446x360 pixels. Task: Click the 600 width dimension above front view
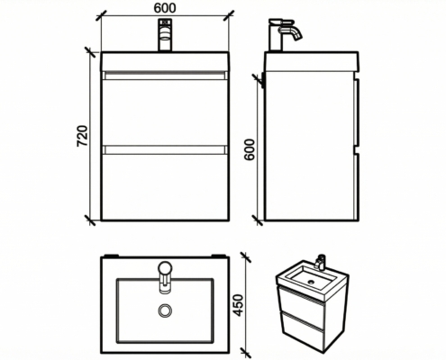click(x=165, y=8)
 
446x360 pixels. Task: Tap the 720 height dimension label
click(x=82, y=136)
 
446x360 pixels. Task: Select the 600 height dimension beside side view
click(x=250, y=149)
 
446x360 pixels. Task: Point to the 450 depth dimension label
click(x=238, y=305)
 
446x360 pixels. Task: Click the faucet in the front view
click(x=165, y=35)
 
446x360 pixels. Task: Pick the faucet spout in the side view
click(x=291, y=32)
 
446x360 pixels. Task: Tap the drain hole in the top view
click(x=165, y=310)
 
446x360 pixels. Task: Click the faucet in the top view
click(x=165, y=276)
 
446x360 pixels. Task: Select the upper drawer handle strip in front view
click(x=165, y=76)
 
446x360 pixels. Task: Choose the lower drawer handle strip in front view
click(x=165, y=150)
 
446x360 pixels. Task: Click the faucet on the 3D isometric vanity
click(x=320, y=262)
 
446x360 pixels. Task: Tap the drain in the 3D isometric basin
click(x=311, y=282)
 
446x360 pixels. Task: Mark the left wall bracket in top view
click(x=111, y=256)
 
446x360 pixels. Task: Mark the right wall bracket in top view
click(x=218, y=256)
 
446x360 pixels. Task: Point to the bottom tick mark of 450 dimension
click(x=246, y=353)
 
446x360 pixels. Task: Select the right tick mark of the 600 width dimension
click(x=229, y=15)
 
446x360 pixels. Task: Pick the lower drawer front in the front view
click(x=165, y=187)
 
